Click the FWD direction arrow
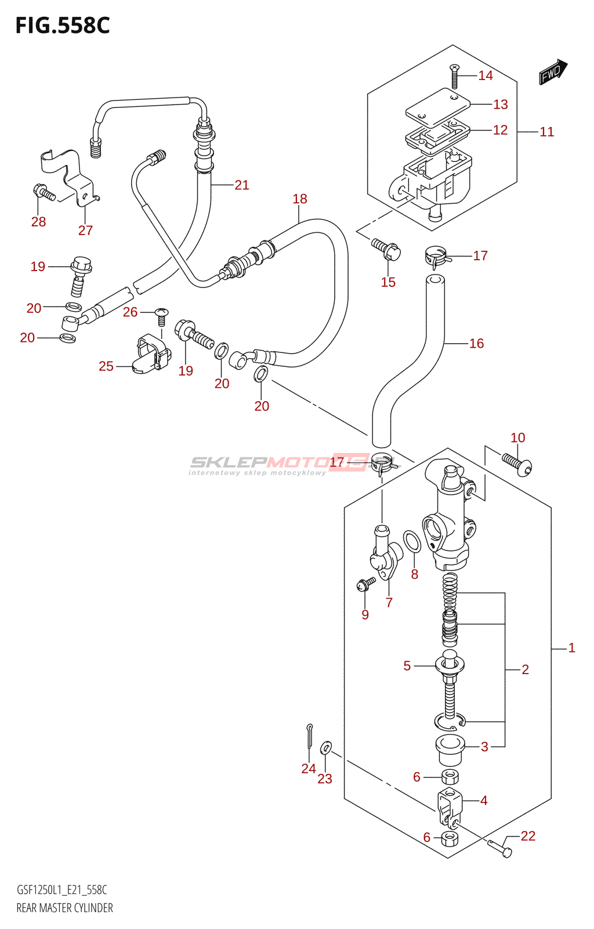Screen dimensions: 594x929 [553, 72]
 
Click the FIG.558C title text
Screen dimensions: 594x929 [63, 26]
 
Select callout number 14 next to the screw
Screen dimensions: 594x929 [486, 75]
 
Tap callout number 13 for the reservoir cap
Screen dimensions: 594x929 [501, 105]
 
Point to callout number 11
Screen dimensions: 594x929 [547, 132]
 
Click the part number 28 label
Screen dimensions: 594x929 [38, 222]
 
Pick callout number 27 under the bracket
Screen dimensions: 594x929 [85, 230]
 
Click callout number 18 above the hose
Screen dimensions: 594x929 [300, 199]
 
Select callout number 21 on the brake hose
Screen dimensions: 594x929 [242, 185]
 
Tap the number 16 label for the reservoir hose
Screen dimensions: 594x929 [476, 343]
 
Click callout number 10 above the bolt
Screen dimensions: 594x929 [518, 438]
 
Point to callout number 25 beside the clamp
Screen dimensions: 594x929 [106, 366]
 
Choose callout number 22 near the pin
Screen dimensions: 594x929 [528, 836]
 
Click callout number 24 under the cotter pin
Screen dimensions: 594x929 [309, 769]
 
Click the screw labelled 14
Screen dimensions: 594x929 [455, 77]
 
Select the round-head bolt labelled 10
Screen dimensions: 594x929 [517, 464]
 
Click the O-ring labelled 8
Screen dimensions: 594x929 [412, 541]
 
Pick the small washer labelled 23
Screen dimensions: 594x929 [327, 747]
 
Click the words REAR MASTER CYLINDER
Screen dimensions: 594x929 [64, 908]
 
